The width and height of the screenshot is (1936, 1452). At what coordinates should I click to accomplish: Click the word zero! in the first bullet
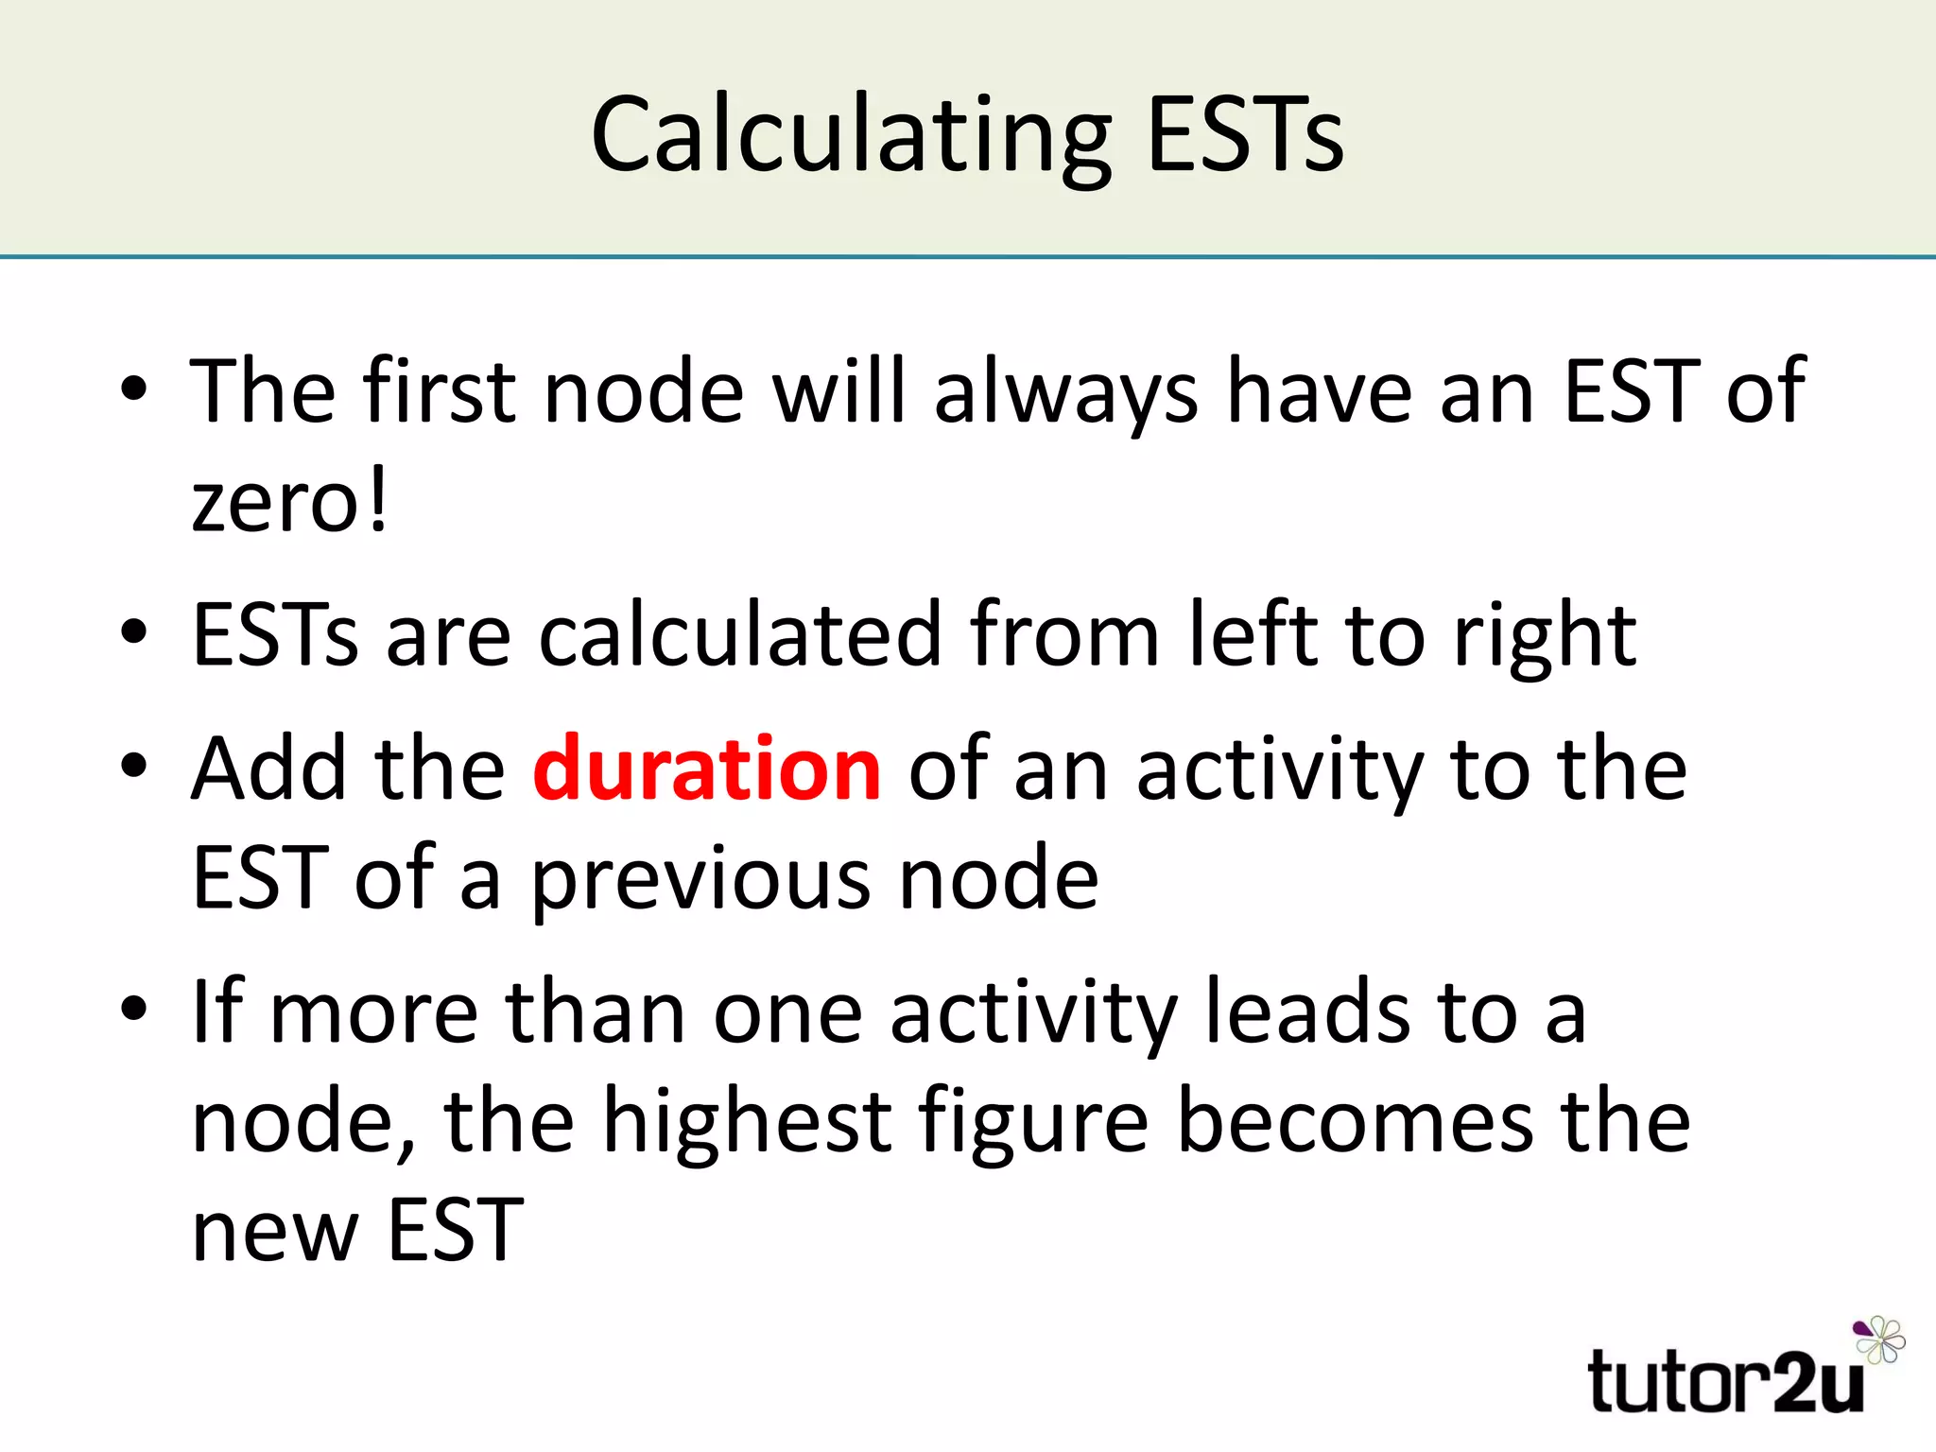[289, 502]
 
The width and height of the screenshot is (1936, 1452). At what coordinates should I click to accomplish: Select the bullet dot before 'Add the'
[134, 765]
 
